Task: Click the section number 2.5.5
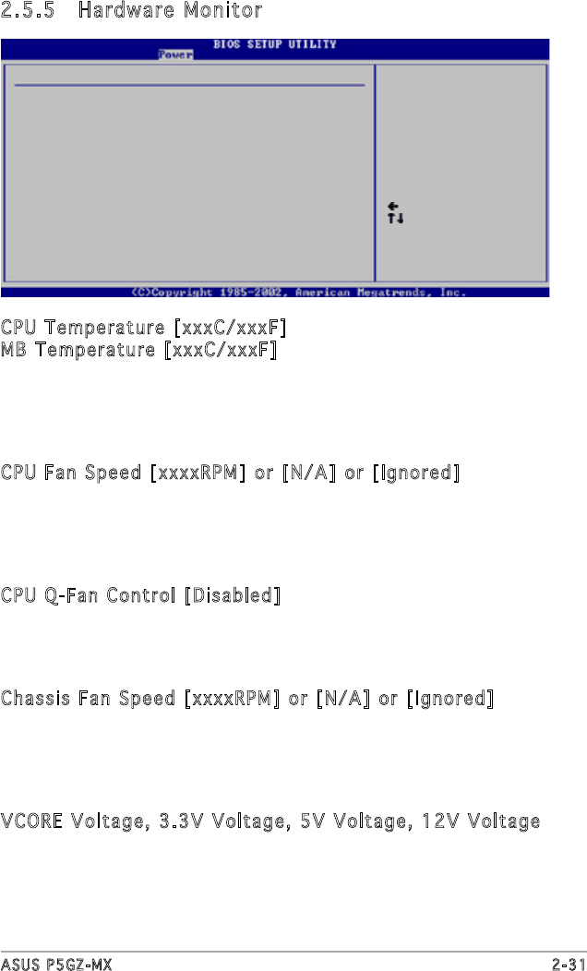coord(29,11)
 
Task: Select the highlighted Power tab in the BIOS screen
coord(174,54)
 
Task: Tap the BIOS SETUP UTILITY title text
coord(275,44)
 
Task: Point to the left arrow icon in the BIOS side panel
coord(393,206)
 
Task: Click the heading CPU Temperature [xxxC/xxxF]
coord(143,329)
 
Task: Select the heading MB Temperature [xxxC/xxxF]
coord(139,351)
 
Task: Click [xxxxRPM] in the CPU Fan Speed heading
coord(198,474)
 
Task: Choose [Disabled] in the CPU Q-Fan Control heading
coord(232,595)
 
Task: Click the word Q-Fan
coord(64,595)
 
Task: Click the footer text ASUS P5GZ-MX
coord(56,963)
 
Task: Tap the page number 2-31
coord(567,963)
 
